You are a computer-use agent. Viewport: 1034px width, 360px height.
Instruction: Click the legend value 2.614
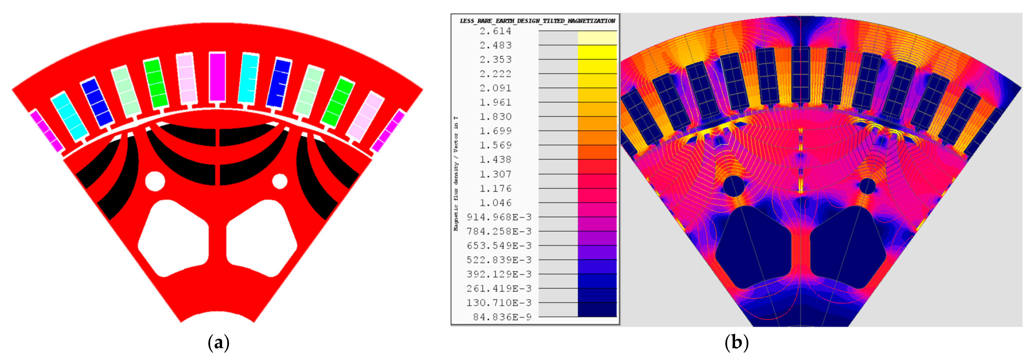click(x=495, y=31)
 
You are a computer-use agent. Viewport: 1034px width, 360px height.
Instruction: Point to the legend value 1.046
click(x=495, y=203)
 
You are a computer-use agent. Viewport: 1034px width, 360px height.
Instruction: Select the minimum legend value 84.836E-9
click(x=502, y=317)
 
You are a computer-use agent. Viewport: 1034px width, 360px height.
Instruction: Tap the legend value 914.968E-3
click(x=499, y=217)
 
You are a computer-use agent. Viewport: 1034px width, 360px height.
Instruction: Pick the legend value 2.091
click(x=495, y=88)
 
